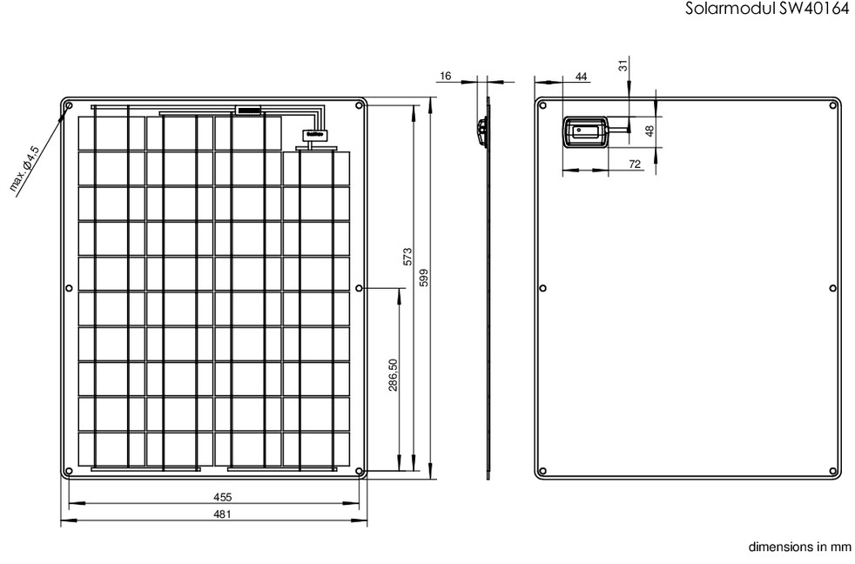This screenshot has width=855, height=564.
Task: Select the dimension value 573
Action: tap(407, 257)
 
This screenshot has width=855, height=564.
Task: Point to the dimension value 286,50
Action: tap(394, 375)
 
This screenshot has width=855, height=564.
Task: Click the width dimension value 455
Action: tap(223, 497)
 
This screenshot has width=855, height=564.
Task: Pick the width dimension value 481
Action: tap(223, 514)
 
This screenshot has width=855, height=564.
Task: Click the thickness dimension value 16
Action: tap(446, 76)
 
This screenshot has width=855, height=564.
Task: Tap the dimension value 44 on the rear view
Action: tap(582, 77)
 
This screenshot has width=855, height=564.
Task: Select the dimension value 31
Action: tap(623, 65)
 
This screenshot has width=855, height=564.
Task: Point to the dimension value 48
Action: tap(649, 131)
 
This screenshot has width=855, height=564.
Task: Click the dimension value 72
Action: tap(635, 164)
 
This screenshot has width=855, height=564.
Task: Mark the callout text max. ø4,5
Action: tap(25, 168)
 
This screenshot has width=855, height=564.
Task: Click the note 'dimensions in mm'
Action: tap(799, 547)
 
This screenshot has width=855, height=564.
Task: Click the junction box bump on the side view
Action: tap(481, 132)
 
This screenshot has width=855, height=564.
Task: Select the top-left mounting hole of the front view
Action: tap(69, 105)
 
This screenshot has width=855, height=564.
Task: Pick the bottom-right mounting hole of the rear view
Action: tap(832, 471)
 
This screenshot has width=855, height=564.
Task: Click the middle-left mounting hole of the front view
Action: tap(69, 288)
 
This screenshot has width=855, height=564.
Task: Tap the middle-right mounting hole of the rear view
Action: tap(832, 288)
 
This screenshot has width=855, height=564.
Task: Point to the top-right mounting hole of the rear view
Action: tap(832, 105)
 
